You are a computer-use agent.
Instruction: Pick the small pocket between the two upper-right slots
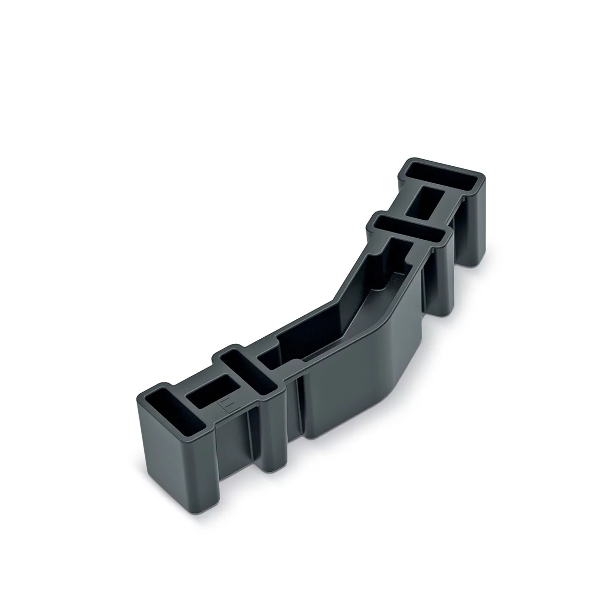coord(426,201)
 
